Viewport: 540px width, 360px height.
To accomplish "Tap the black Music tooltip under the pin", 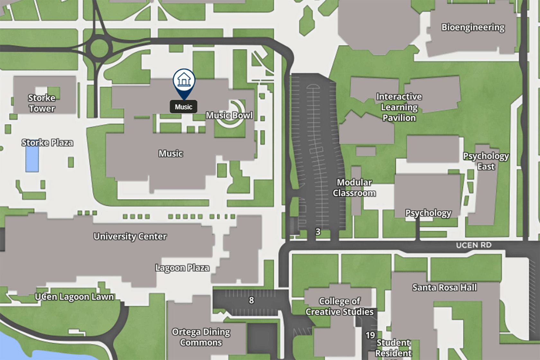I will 184,107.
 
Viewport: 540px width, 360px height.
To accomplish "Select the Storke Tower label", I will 42,103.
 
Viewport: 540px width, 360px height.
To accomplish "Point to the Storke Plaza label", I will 47,142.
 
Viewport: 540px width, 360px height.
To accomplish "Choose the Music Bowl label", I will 229,115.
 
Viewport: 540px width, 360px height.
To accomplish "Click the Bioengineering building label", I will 473,27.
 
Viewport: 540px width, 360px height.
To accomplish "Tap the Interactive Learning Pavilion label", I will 399,107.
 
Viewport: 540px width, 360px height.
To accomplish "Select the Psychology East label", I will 486,161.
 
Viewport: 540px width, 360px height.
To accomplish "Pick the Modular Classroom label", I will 354,187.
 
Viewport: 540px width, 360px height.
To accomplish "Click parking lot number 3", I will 318,231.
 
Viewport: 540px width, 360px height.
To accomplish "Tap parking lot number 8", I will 251,300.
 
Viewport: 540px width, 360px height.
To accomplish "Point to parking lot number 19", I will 370,335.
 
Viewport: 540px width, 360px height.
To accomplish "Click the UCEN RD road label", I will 473,245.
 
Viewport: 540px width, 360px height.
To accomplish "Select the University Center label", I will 130,236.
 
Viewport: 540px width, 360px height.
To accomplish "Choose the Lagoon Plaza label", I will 182,268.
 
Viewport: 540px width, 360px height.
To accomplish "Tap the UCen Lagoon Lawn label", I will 74,297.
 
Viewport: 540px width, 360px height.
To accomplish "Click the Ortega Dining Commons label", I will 201,337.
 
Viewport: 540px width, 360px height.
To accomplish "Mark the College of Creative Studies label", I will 339,306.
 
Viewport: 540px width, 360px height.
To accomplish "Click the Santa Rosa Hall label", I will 444,287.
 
